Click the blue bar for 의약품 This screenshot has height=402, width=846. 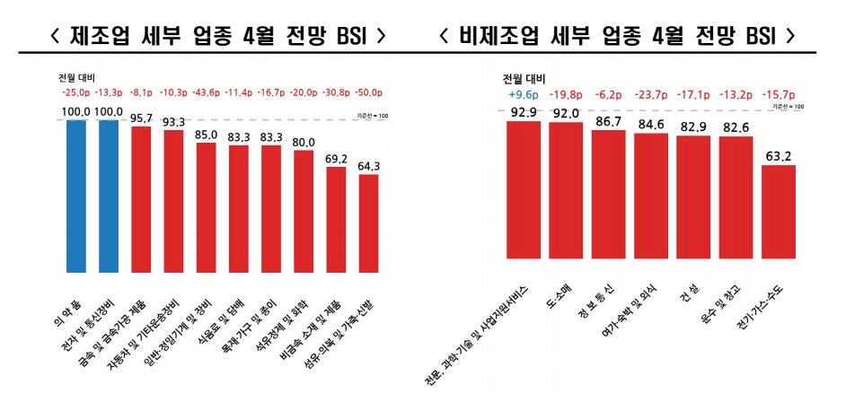[x=76, y=195]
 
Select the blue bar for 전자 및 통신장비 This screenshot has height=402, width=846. [x=109, y=195]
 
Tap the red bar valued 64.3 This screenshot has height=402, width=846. [x=368, y=223]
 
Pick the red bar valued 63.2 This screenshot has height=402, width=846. [x=779, y=217]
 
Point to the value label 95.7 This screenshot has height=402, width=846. [x=141, y=118]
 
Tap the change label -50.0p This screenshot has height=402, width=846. [x=368, y=92]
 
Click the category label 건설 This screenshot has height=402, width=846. [x=690, y=295]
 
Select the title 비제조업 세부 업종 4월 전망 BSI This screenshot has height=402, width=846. [x=619, y=36]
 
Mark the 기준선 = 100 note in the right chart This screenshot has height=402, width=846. [x=788, y=107]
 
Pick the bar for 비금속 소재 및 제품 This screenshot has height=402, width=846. [x=336, y=219]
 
